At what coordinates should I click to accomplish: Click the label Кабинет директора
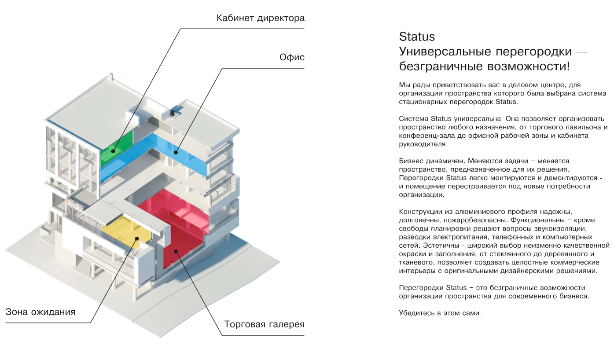pos(260,18)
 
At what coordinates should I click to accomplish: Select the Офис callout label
pos(292,58)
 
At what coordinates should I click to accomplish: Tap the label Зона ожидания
pos(40,312)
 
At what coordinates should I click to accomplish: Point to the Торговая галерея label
pos(264,325)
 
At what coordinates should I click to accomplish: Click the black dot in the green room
pos(113,151)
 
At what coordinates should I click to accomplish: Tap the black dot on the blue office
pos(175,153)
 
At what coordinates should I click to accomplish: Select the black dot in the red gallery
pos(176,252)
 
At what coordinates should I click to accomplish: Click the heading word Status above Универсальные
pos(416,37)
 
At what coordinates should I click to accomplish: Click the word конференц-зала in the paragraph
pos(423,136)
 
